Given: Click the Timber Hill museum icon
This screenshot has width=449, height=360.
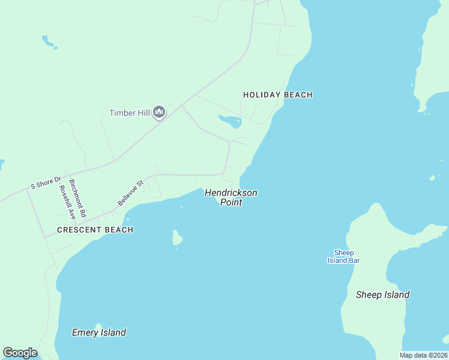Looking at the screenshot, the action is [x=159, y=112].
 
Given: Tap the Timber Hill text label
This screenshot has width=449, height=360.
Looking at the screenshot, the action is [x=128, y=113].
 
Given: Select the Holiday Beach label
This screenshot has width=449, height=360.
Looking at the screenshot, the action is [x=278, y=95].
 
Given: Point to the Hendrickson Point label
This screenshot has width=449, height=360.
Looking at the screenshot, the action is [x=231, y=197].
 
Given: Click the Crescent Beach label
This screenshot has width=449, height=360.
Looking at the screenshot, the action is [x=95, y=230].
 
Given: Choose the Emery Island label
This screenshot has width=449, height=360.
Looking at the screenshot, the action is [x=99, y=332].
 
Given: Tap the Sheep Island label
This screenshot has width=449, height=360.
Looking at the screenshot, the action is [x=382, y=295].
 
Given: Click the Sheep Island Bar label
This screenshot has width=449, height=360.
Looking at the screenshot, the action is [x=343, y=256].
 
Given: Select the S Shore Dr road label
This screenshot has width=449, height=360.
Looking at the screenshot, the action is [x=46, y=183].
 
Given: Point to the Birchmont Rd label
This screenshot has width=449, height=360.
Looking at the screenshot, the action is [x=77, y=198].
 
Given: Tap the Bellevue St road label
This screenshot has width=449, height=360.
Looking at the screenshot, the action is [x=131, y=193].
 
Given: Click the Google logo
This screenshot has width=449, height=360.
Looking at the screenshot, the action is [x=20, y=353].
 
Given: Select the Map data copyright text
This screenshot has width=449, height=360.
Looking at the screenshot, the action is [x=424, y=355].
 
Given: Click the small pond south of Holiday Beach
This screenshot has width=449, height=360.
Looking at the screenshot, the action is [x=231, y=122].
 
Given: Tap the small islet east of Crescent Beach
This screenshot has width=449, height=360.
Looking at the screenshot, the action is [x=177, y=238].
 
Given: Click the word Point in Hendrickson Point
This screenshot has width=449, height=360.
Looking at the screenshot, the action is [x=231, y=203].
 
